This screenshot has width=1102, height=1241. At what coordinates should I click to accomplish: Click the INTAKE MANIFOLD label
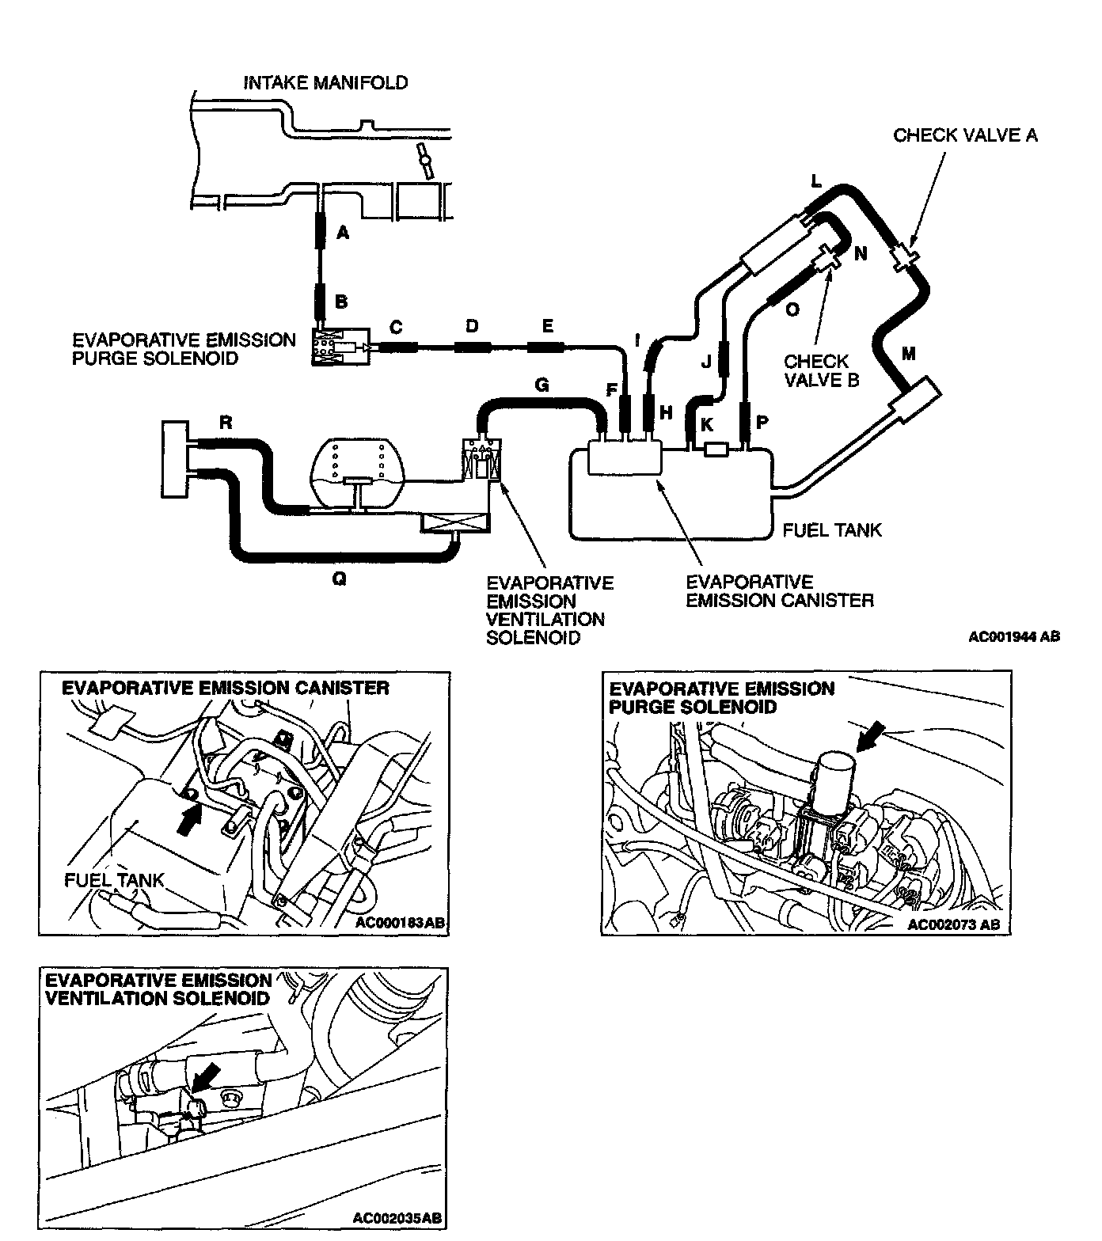pyautogui.click(x=325, y=82)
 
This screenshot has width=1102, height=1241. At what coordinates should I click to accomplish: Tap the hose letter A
pyautogui.click(x=343, y=232)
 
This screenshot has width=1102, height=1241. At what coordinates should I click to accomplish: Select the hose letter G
pyautogui.click(x=541, y=385)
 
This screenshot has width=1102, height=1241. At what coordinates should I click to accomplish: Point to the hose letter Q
pyautogui.click(x=339, y=579)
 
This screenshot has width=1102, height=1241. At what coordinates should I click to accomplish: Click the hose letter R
pyautogui.click(x=226, y=423)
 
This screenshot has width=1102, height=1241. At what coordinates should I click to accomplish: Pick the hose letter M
pyautogui.click(x=908, y=354)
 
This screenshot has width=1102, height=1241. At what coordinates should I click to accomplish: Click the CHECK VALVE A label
pyautogui.click(x=965, y=135)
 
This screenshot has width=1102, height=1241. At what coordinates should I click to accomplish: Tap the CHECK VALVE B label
pyautogui.click(x=821, y=370)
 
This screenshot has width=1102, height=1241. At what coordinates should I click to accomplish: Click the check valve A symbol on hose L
pyautogui.click(x=903, y=256)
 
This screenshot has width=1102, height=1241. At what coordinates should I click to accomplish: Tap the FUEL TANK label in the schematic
pyautogui.click(x=831, y=529)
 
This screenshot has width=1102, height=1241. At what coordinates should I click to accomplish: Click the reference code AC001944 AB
pyautogui.click(x=1013, y=636)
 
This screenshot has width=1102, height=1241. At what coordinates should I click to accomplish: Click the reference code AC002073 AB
pyautogui.click(x=953, y=924)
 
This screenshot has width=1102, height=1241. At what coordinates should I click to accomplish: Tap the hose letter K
pyautogui.click(x=707, y=425)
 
